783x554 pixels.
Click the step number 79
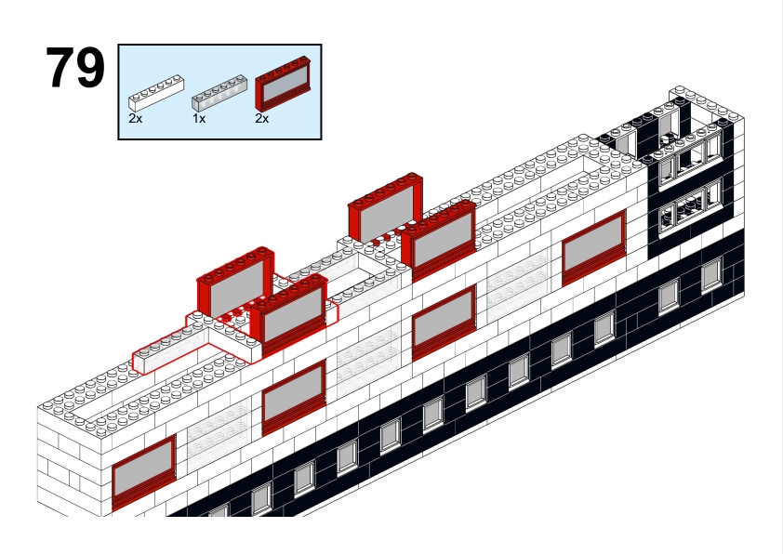(x=75, y=67)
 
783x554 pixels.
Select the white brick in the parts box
(x=156, y=93)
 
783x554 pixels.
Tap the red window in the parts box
(x=283, y=84)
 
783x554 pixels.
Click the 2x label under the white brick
(x=136, y=119)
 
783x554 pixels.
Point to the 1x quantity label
(x=199, y=119)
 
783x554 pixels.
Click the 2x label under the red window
(x=261, y=119)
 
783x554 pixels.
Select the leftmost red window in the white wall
(x=144, y=471)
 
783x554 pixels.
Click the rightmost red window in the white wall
(x=593, y=247)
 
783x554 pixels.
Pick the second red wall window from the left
(x=294, y=397)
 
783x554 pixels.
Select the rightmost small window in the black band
(x=711, y=274)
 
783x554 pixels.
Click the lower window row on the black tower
(x=691, y=208)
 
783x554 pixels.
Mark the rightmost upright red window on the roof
(x=439, y=239)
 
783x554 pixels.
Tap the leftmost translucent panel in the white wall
(x=219, y=433)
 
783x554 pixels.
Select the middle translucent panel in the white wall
(x=368, y=360)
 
